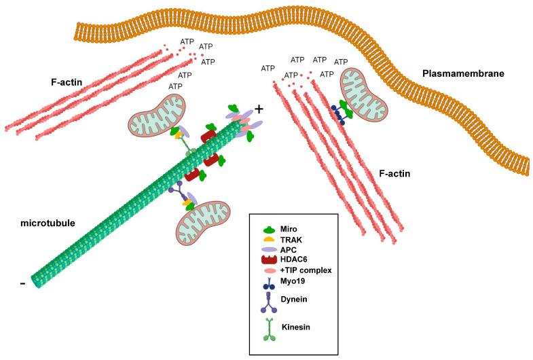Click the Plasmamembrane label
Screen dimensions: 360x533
[x=463, y=73]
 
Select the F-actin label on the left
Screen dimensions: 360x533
[x=67, y=84]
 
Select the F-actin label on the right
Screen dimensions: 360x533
[x=395, y=174]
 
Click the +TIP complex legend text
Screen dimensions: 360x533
[x=305, y=270]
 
